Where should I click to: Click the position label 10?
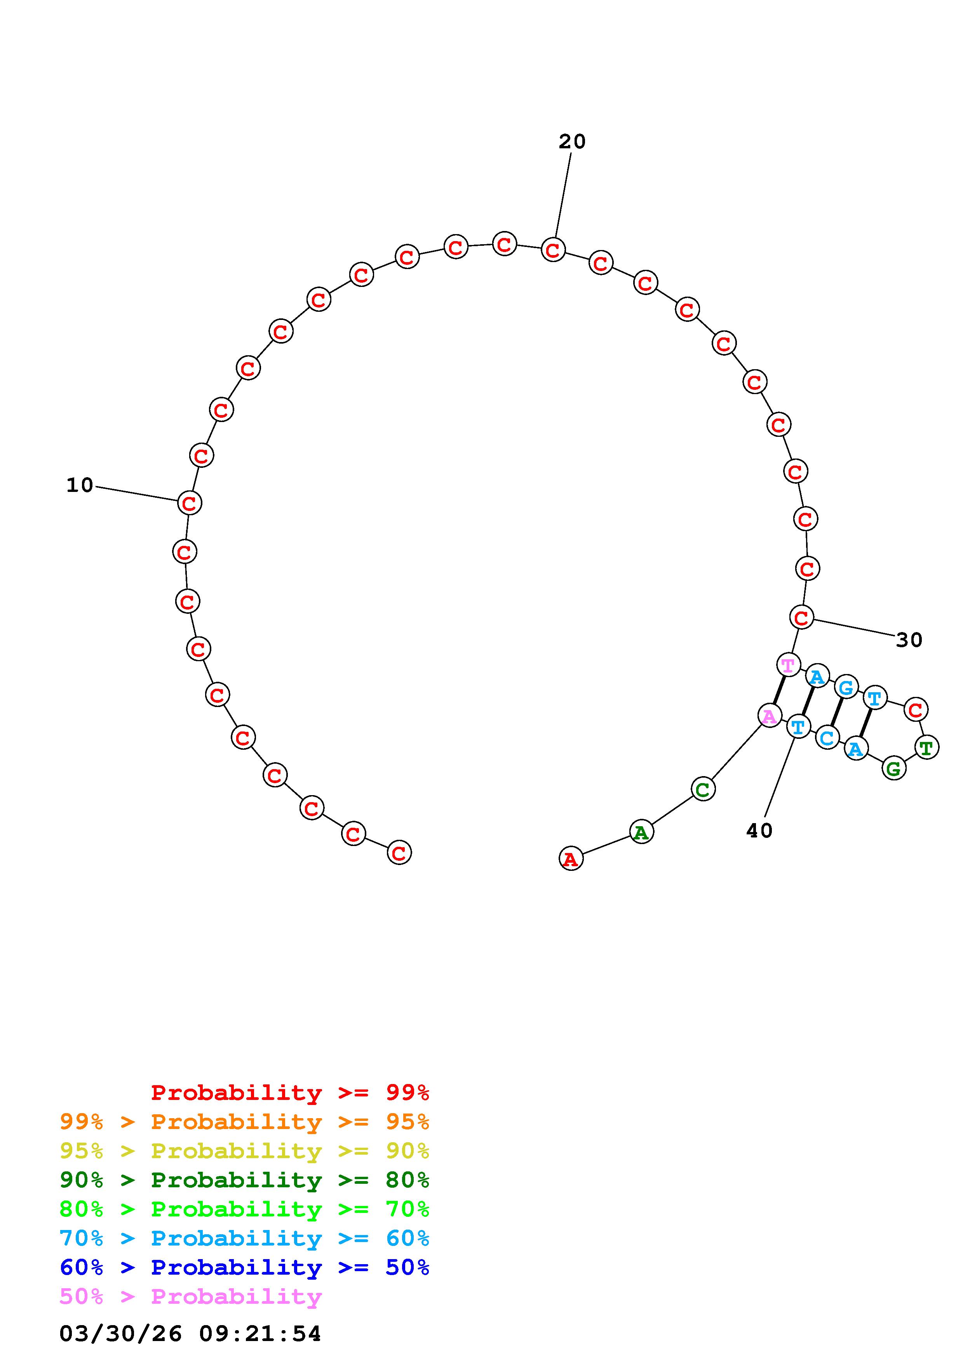(80, 485)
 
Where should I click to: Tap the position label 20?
(572, 141)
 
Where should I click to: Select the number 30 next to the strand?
(909, 640)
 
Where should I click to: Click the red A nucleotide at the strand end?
(571, 858)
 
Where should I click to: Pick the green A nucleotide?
(641, 832)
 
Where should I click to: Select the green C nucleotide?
(703, 789)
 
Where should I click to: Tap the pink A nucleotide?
(770, 716)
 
